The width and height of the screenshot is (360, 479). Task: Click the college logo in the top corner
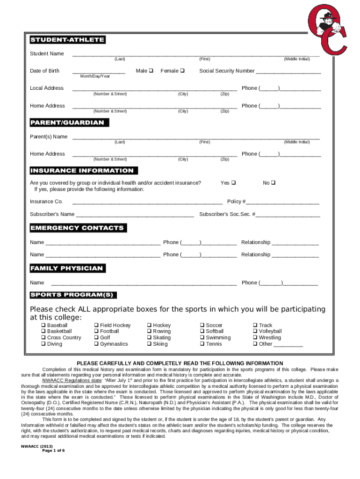(x=327, y=29)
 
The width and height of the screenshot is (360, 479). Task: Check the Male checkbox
(x=151, y=71)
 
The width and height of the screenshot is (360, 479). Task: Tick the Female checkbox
(x=182, y=71)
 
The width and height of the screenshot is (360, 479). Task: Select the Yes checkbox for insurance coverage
(x=234, y=183)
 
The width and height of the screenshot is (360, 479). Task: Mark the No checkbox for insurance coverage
(x=273, y=183)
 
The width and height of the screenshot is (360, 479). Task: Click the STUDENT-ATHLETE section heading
(x=67, y=40)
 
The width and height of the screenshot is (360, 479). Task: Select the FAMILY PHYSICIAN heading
(x=67, y=269)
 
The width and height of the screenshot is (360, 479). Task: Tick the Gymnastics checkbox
(x=96, y=344)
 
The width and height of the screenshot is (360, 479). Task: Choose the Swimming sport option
(x=202, y=338)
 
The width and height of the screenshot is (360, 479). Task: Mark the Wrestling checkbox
(x=255, y=338)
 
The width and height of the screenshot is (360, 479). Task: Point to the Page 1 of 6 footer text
(x=53, y=450)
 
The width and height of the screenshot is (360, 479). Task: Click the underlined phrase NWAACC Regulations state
(x=72, y=380)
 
